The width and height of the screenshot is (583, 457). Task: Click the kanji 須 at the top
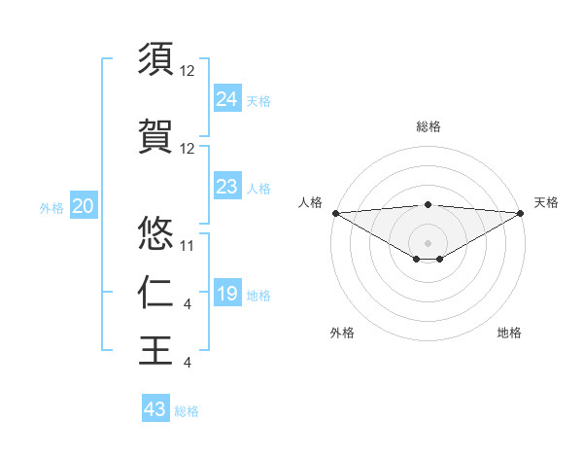(x=156, y=58)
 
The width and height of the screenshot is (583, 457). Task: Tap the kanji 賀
(x=156, y=135)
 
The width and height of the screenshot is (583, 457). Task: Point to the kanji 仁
(x=156, y=291)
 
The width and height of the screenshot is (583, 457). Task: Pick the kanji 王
(x=156, y=349)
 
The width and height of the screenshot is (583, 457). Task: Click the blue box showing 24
(x=226, y=98)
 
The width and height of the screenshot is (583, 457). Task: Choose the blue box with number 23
(x=226, y=187)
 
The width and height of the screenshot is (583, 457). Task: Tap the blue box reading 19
(x=226, y=294)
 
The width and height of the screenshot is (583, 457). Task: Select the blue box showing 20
(x=83, y=206)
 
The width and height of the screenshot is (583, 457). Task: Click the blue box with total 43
(x=155, y=409)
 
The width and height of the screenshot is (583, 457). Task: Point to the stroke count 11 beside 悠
(x=188, y=245)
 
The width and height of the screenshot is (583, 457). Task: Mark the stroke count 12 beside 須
(x=188, y=71)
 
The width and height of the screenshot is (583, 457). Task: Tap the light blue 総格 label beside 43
(x=187, y=411)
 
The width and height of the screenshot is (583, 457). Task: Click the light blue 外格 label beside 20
(x=51, y=208)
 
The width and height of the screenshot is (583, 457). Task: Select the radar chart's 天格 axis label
(x=546, y=202)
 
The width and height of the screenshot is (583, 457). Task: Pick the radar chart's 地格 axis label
(x=509, y=333)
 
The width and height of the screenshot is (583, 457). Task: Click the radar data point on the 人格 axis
(x=335, y=212)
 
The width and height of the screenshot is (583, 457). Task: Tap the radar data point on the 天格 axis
(x=521, y=212)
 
